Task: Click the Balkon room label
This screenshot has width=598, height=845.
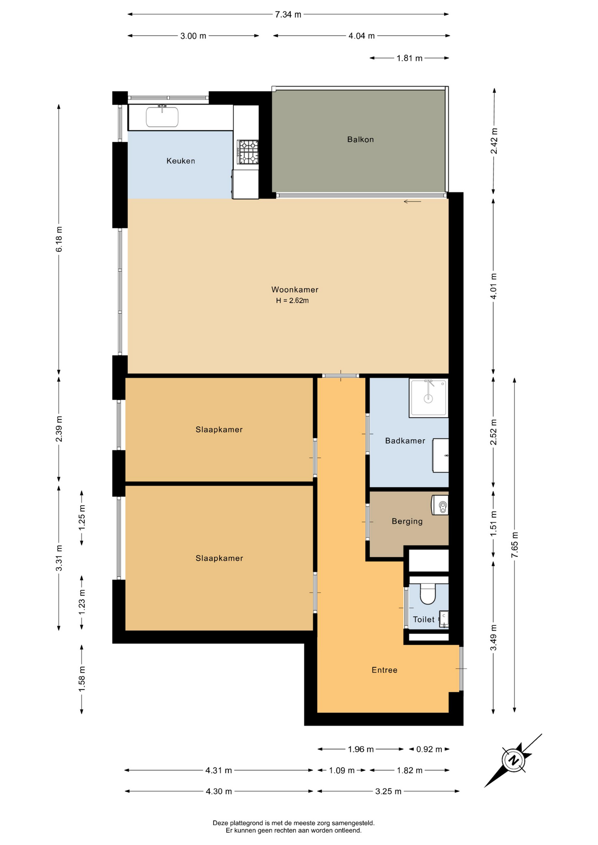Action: [360, 140]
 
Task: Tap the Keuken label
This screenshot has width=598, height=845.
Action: [181, 161]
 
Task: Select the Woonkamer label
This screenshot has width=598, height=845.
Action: [295, 290]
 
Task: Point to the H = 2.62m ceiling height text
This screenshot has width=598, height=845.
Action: [292, 301]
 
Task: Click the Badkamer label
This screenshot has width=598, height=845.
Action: [405, 441]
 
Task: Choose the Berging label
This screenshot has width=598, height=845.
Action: [407, 522]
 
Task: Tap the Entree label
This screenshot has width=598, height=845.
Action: [384, 670]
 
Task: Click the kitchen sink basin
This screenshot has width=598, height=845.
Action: [162, 117]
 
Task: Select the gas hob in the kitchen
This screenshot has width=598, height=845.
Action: [247, 152]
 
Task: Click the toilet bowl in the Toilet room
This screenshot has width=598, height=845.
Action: [428, 594]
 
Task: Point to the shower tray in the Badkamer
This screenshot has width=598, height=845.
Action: [428, 398]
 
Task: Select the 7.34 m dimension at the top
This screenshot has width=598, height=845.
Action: [288, 15]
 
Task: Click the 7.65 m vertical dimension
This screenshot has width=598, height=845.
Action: [514, 545]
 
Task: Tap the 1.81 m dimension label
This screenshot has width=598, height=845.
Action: [409, 58]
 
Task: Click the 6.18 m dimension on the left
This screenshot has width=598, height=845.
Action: [59, 239]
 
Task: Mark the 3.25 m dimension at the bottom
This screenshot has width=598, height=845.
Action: [388, 791]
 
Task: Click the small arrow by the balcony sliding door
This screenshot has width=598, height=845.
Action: [412, 202]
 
